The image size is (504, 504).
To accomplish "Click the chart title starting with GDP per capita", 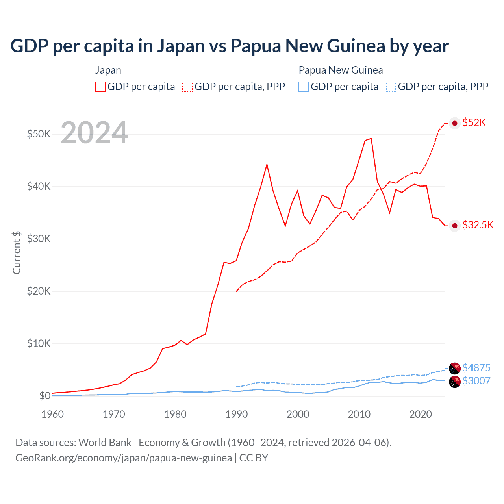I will pos(229,46).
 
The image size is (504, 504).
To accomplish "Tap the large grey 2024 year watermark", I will pos(94,133).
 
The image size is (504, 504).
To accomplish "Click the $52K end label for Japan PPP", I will pos(474,122).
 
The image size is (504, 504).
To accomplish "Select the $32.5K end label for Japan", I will pos(478,225).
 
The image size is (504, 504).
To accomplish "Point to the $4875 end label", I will pos(476,368).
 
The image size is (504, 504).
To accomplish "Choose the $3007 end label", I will pos(476,381).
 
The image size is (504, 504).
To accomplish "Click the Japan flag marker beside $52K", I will pos(455,123).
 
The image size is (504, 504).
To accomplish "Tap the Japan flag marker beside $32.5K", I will pos(455,226).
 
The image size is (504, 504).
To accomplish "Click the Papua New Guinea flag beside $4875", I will pos(455,368).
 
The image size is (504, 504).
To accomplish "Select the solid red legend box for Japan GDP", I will pos(100,87).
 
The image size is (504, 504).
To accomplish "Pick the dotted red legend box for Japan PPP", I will pos(187,87).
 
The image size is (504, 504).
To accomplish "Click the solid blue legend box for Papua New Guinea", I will pos(304,87).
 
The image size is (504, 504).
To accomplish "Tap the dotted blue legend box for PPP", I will pos(391,87).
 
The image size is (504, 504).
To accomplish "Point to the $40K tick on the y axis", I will pos(39,186).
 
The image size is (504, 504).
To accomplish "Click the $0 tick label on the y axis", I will pos(44,396).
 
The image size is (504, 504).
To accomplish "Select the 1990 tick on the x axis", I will pos(237,414).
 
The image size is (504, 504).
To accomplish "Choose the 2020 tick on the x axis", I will pos(421,414).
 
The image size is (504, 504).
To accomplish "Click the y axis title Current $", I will pos(17,252).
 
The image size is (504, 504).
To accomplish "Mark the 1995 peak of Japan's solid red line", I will pos(267,164).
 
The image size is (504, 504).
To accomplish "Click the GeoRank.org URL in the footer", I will pos(124,458).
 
